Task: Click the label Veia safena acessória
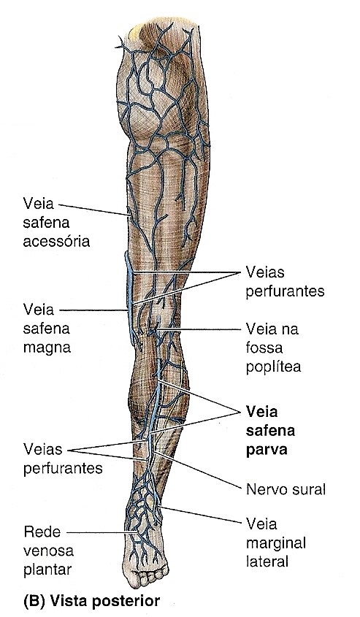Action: (x=56, y=222)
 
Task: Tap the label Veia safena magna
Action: (x=47, y=329)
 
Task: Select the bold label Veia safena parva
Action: (x=271, y=431)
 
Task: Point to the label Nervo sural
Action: (x=286, y=489)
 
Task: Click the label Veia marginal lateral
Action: (x=276, y=543)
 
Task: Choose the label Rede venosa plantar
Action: (x=48, y=551)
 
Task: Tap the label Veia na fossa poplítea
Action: (x=273, y=348)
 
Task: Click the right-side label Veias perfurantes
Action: (x=286, y=282)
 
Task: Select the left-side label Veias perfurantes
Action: (x=63, y=459)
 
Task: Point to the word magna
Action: (x=47, y=348)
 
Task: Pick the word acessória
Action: (x=56, y=241)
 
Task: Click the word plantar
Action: (x=47, y=570)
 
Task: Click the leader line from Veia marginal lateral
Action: (x=200, y=514)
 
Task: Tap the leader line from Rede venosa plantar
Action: (x=102, y=532)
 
